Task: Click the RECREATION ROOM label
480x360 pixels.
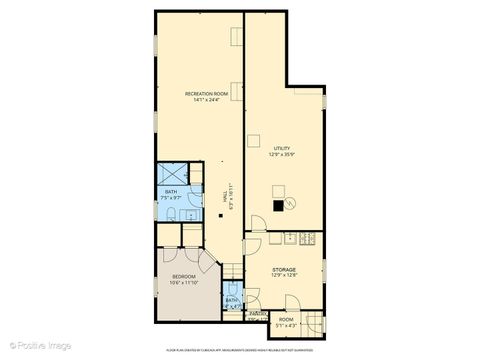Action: tap(207, 94)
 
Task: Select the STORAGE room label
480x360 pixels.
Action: tap(285, 269)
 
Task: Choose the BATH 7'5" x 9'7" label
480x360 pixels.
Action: tap(171, 221)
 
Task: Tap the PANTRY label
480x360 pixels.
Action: tap(257, 313)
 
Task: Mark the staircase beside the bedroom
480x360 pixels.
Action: tap(233, 270)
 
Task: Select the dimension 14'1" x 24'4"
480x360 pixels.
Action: tap(207, 100)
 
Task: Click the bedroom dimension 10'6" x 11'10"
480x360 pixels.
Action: tap(183, 282)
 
